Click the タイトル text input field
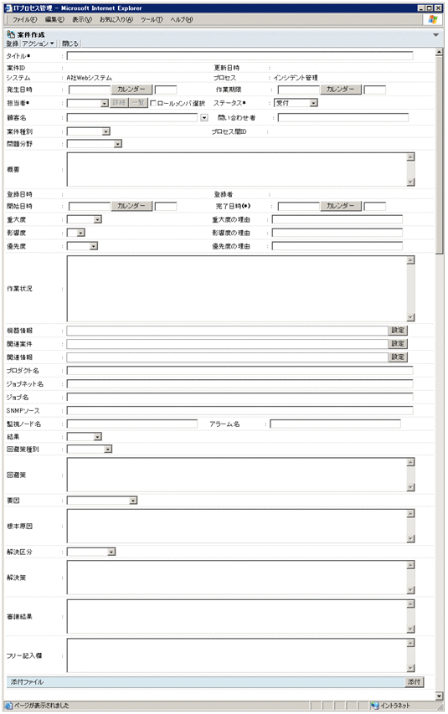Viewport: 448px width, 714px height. click(x=239, y=56)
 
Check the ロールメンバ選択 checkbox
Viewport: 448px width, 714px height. click(x=152, y=103)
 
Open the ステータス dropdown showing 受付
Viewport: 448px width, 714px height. click(x=296, y=103)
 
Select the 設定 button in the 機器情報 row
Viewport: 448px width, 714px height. click(x=398, y=331)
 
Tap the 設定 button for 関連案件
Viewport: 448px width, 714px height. click(x=398, y=344)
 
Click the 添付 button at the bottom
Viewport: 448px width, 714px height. click(x=415, y=682)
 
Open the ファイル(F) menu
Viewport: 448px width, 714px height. click(x=25, y=18)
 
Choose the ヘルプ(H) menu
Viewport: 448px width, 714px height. click(x=182, y=18)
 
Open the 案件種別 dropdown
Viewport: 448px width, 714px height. click(x=89, y=131)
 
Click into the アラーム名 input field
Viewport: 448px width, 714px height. click(x=334, y=424)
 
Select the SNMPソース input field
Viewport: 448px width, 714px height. click(x=239, y=411)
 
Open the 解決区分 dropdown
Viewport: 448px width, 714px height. click(x=91, y=552)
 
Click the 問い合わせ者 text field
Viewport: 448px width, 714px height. click(x=343, y=117)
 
